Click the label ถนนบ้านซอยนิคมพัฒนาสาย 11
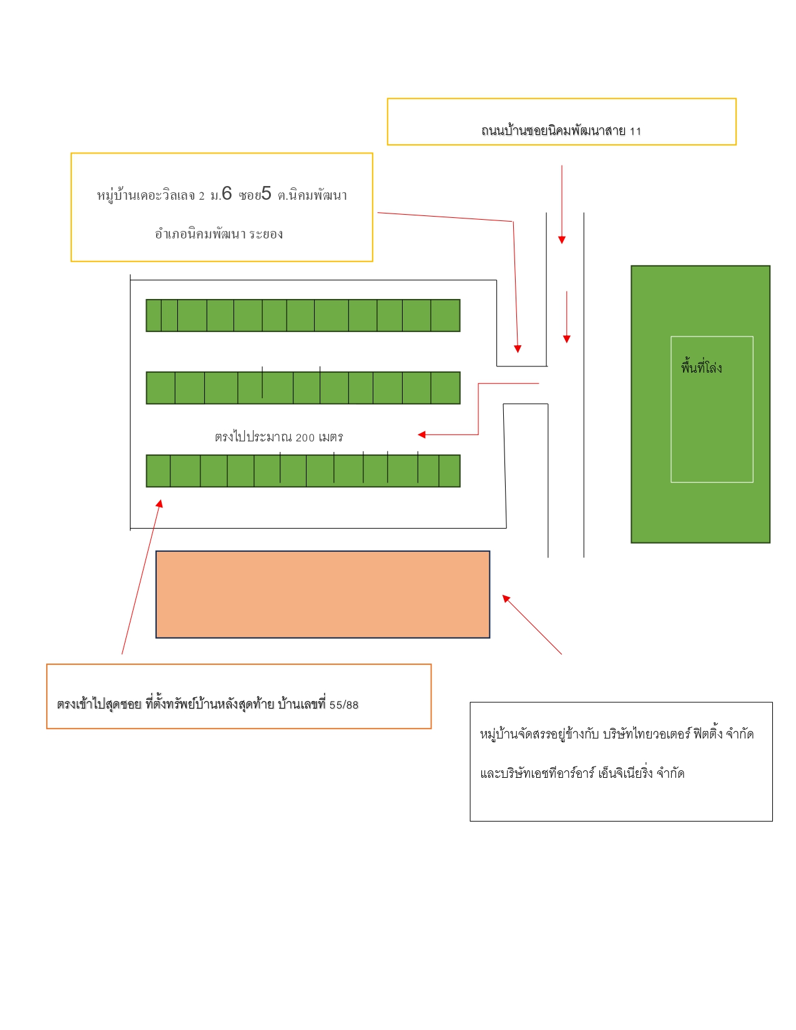pos(561,130)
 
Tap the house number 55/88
pos(344,705)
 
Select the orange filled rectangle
pos(322,594)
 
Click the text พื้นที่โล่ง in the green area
pos(701,367)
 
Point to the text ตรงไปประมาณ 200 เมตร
pos(279,436)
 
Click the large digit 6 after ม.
pos(227,194)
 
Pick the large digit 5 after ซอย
pos(266,194)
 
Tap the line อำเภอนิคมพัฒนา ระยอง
pos(219,233)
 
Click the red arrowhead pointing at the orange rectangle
pos(506,599)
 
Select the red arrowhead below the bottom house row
pos(160,503)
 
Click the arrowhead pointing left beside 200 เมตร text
pos(421,434)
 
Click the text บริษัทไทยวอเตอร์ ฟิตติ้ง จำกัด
pos(678,733)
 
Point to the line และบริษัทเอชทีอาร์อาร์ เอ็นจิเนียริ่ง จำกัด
pos(582,773)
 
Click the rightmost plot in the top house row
pos(445,315)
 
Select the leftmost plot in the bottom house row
pos(158,471)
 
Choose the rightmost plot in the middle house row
pos(445,388)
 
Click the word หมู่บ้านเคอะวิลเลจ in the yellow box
pos(146,195)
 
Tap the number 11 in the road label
pos(636,131)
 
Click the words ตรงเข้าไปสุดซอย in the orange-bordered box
pos(99,704)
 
